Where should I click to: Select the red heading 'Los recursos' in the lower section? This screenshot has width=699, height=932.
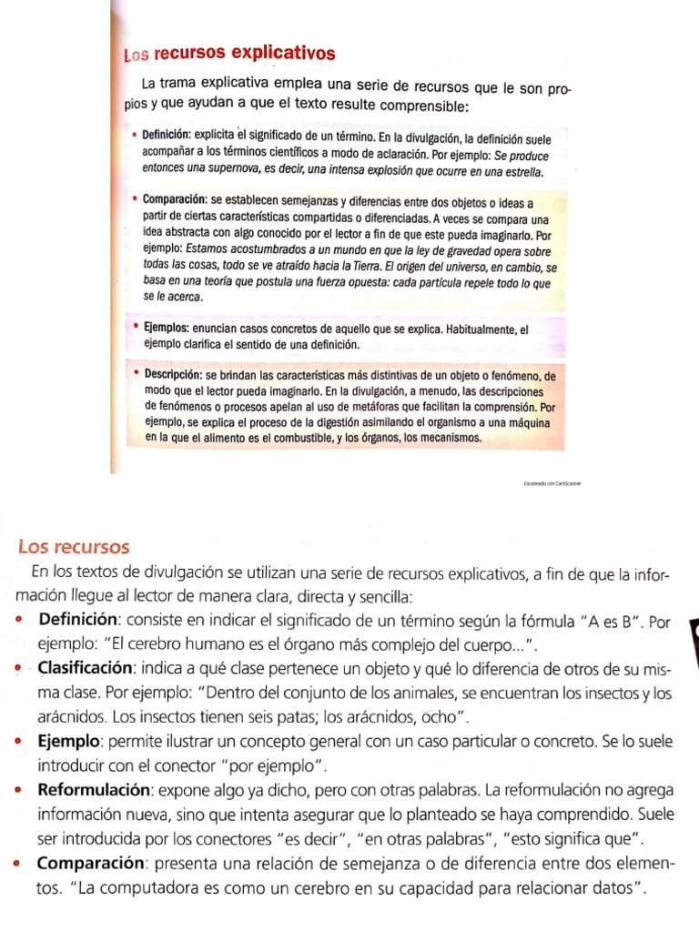coord(74,547)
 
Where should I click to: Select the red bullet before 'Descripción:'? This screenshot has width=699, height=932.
coord(135,374)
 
